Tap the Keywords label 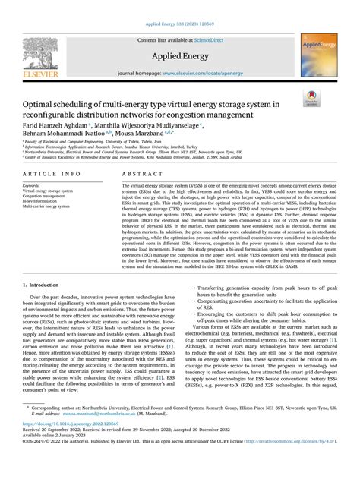pyautogui.click(x=32, y=184)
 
